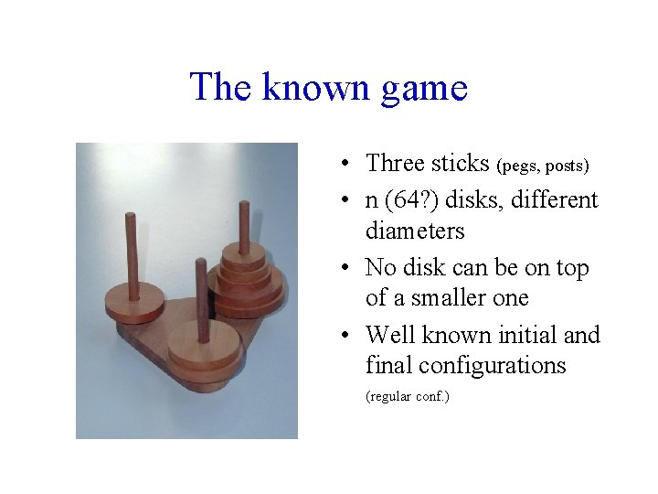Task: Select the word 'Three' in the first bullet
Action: tap(397, 164)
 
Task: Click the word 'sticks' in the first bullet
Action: tap(462, 164)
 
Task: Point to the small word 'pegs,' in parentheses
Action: tap(520, 166)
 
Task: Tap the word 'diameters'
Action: tap(415, 231)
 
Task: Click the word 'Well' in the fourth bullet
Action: tap(391, 336)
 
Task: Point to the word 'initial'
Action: tap(528, 336)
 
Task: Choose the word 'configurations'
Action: tap(465, 366)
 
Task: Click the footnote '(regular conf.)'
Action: tap(407, 397)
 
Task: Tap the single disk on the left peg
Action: tap(133, 301)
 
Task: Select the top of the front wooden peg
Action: tap(200, 264)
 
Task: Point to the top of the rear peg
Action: tap(244, 204)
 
